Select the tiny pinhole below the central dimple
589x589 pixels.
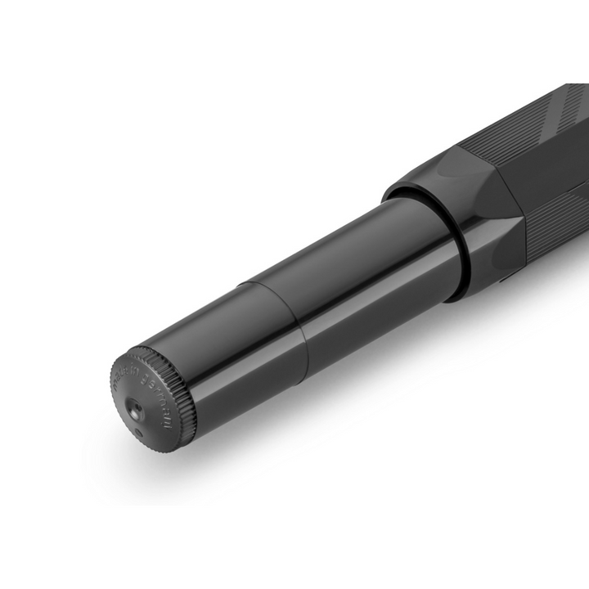coord(137,430)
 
